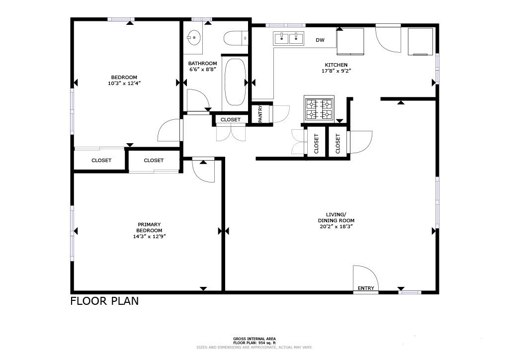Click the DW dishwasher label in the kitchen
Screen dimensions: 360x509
point(320,40)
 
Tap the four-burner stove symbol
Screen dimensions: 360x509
point(319,109)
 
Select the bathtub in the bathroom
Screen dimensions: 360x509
point(235,82)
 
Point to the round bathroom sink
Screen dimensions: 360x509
point(194,36)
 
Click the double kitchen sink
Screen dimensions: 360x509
point(289,38)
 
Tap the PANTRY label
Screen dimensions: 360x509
point(260,114)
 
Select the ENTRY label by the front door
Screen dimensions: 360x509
point(366,288)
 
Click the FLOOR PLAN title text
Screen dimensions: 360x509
point(104,301)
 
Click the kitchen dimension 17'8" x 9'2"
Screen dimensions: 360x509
point(337,71)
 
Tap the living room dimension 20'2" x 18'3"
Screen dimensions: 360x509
point(337,226)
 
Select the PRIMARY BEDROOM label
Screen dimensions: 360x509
point(149,227)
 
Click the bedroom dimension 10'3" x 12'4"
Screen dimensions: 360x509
point(124,83)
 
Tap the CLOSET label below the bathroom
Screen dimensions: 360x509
point(231,120)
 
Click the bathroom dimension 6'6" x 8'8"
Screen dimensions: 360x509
point(202,70)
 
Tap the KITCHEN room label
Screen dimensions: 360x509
point(337,65)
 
